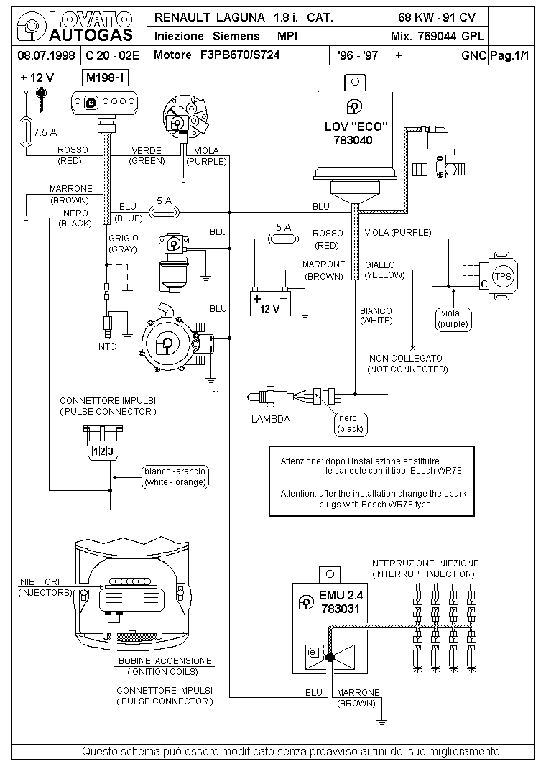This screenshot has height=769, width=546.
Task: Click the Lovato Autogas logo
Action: [75, 27]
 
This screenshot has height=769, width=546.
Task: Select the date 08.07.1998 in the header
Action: [46, 55]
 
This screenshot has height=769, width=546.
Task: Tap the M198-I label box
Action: [106, 78]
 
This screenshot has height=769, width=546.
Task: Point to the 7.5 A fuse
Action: [25, 132]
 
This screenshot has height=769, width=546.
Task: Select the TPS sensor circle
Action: [503, 276]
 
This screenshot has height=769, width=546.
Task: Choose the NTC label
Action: [107, 346]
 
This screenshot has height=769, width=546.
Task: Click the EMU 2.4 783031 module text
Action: [341, 602]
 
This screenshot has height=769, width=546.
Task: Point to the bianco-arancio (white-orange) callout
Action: [175, 476]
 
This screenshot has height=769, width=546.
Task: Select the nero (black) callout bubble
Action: [351, 424]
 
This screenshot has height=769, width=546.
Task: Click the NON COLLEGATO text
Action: [406, 359]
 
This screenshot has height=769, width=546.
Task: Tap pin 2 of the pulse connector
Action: [103, 451]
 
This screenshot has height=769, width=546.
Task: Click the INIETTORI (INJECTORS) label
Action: [45, 587]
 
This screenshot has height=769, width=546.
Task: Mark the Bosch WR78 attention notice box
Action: [371, 481]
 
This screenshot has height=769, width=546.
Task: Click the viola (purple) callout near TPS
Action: [453, 319]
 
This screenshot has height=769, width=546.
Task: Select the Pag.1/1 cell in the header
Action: [510, 55]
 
